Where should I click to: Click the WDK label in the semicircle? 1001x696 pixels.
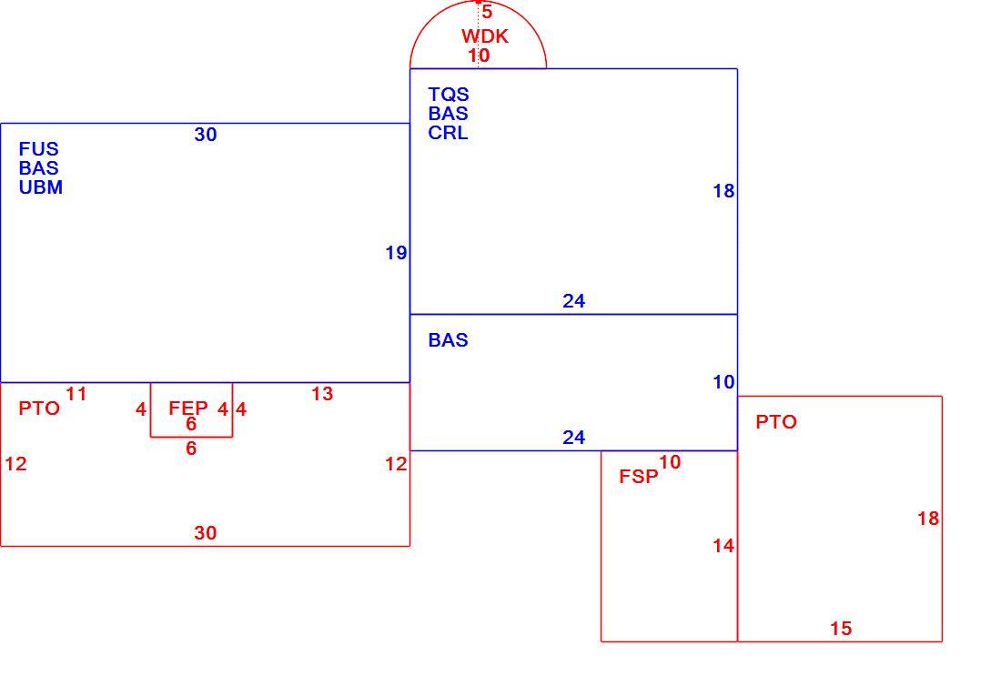click(x=485, y=36)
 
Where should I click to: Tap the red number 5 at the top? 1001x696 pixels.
click(x=487, y=12)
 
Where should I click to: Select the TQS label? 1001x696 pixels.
click(x=449, y=95)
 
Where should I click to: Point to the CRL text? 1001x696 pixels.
click(x=448, y=133)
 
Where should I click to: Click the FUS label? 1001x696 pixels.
click(x=39, y=149)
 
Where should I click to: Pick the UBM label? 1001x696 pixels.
click(x=41, y=187)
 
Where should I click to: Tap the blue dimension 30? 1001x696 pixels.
click(x=206, y=135)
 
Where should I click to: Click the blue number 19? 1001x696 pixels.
click(x=396, y=254)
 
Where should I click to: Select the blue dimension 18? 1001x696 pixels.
click(x=723, y=191)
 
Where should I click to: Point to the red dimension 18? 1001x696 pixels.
click(x=928, y=519)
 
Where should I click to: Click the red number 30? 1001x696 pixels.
click(x=206, y=533)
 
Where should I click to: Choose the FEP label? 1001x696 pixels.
click(x=188, y=408)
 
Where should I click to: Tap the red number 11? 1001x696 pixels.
click(x=76, y=394)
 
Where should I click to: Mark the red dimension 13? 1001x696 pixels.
click(x=322, y=394)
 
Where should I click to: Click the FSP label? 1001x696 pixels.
click(x=639, y=477)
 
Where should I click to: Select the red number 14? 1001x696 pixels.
click(x=723, y=546)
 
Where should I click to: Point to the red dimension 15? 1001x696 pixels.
click(x=841, y=629)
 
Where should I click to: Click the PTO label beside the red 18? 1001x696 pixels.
click(x=776, y=422)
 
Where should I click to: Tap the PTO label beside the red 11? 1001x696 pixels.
click(x=39, y=409)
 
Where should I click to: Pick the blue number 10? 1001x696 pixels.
click(x=723, y=382)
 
